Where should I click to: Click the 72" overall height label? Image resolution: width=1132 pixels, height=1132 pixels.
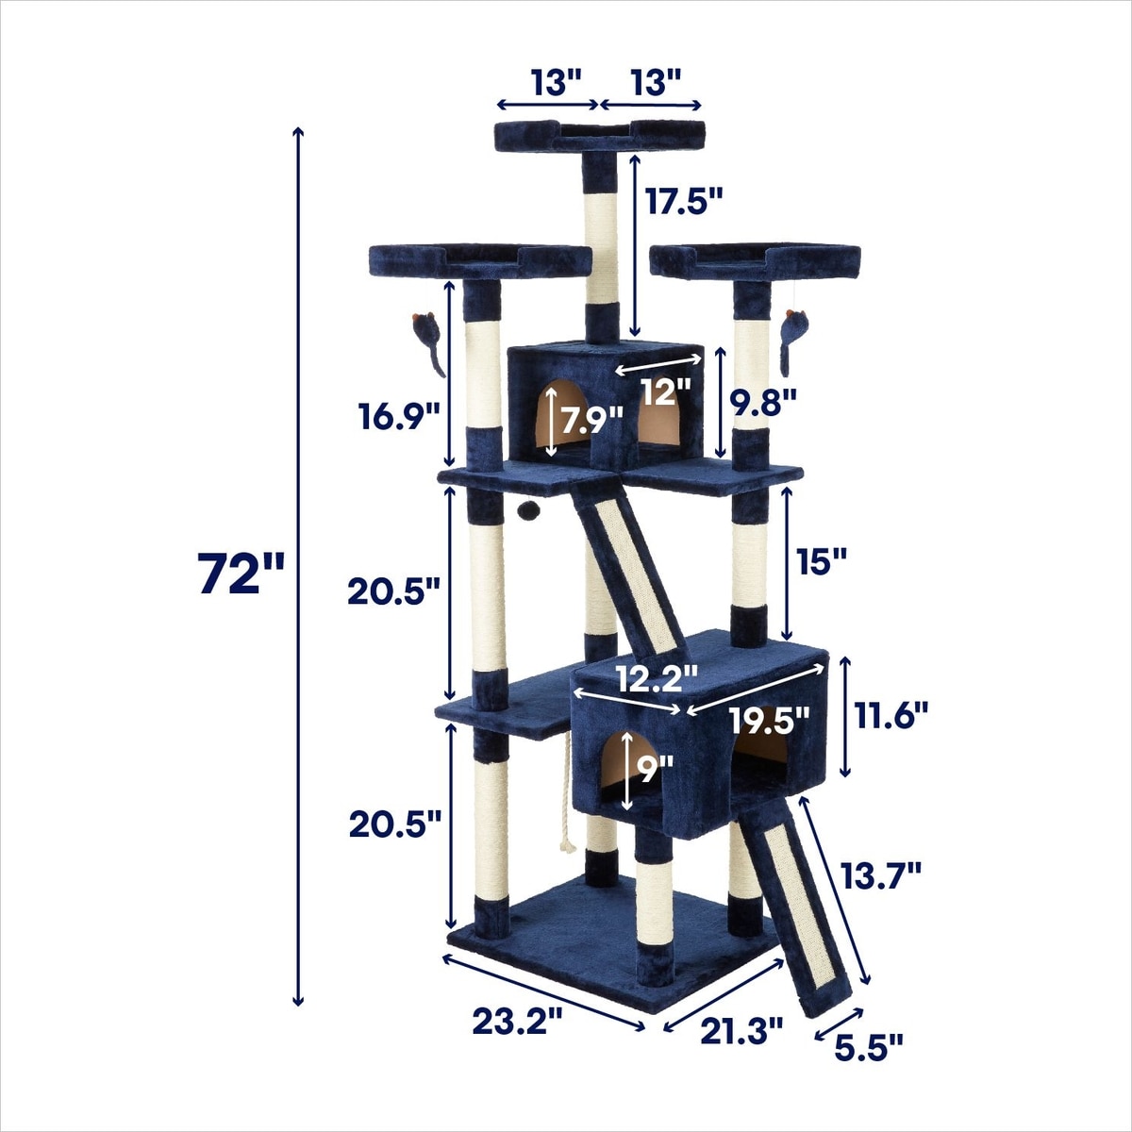[240, 574]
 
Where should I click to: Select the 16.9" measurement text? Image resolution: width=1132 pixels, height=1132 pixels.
[399, 418]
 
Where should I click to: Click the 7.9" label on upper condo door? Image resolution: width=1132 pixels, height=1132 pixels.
[591, 420]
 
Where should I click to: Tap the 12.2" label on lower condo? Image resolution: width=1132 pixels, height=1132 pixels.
[657, 679]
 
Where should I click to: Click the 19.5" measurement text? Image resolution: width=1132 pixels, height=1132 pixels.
[770, 720]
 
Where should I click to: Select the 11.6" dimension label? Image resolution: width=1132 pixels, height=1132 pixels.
[891, 717]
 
